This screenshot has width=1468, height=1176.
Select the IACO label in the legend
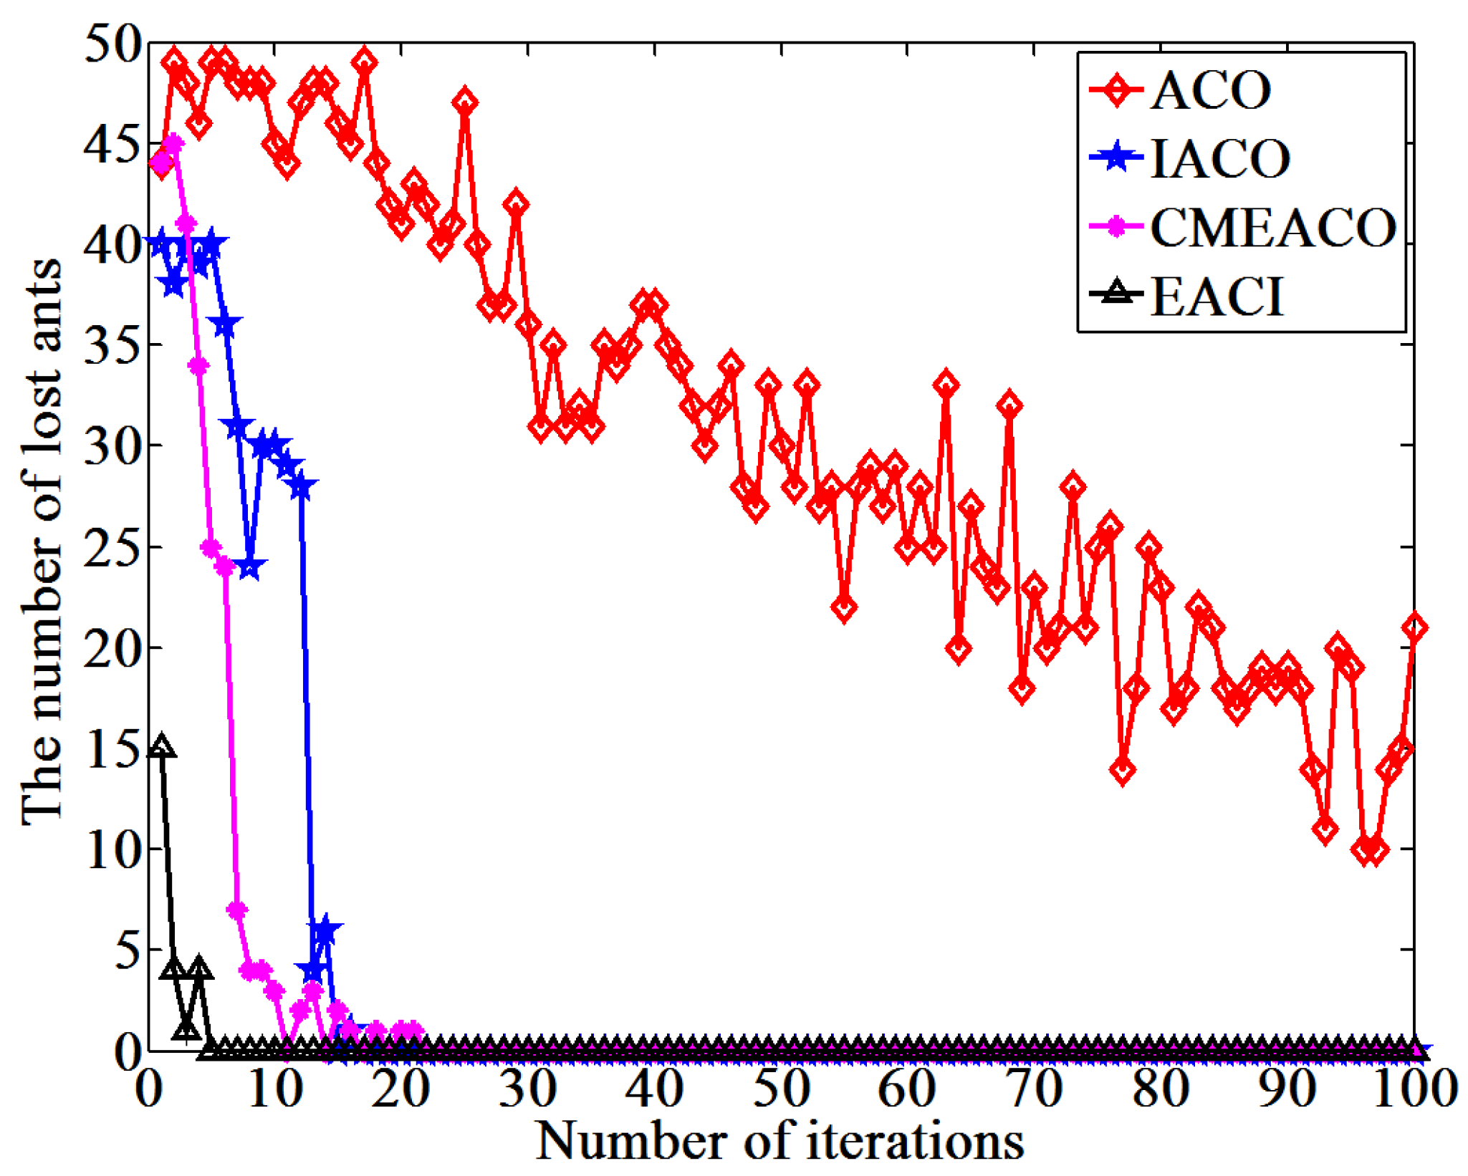[1219, 158]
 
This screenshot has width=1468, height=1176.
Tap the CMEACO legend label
[1272, 228]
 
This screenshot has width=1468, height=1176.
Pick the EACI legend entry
[1216, 296]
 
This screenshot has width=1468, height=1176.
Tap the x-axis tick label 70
[1034, 1089]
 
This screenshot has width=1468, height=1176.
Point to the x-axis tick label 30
[527, 1089]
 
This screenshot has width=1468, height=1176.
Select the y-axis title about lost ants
[42, 541]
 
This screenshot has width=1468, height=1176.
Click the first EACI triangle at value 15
[161, 746]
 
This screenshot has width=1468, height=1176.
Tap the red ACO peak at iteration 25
[465, 103]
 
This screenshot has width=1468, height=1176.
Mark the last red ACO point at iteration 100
[1414, 628]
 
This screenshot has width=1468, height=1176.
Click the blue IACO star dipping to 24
[249, 568]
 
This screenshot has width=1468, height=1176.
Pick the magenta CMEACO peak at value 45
[173, 144]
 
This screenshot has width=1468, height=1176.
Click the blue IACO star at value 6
[325, 930]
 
